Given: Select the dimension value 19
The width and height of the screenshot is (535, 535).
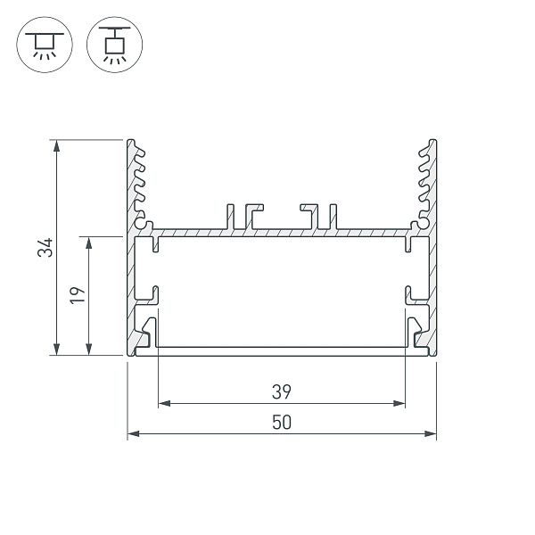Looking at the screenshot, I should (x=78, y=295).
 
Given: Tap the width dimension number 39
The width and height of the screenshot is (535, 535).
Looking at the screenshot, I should (x=282, y=391).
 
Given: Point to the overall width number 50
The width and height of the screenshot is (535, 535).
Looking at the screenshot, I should (x=282, y=424).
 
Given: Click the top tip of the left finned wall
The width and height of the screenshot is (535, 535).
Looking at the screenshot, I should (x=131, y=142).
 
